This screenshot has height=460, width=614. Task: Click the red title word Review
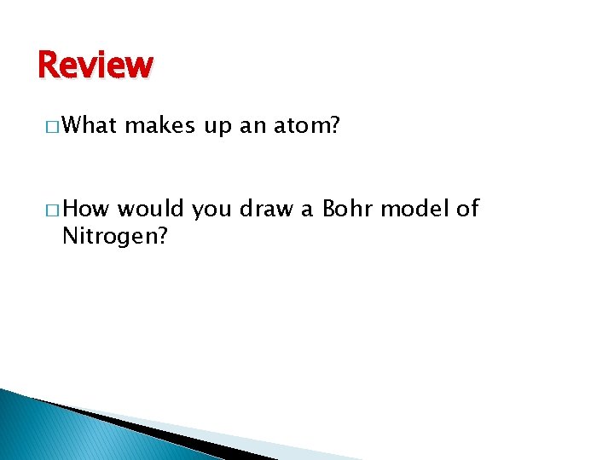pyautogui.click(x=96, y=66)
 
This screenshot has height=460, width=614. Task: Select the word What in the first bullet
pyautogui.click(x=90, y=126)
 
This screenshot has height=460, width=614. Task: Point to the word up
pyautogui.click(x=217, y=127)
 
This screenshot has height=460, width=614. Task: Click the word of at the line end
pyautogui.click(x=468, y=209)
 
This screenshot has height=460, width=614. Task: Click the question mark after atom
pyautogui.click(x=334, y=126)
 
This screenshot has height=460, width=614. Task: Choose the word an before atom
pyautogui.click(x=252, y=127)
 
